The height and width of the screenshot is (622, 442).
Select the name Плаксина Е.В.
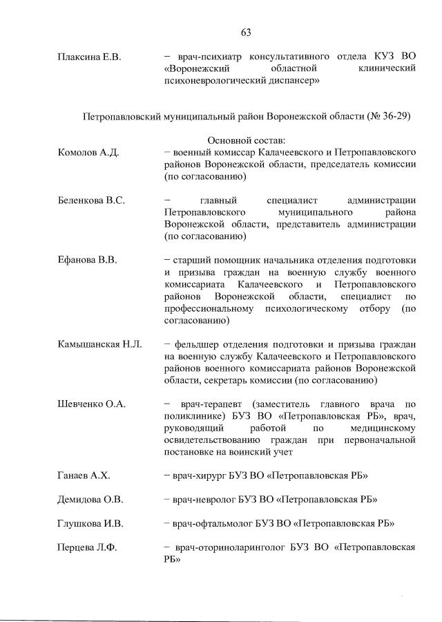(89, 57)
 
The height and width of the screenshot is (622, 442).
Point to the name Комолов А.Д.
(88, 152)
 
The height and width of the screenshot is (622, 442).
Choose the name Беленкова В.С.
(91, 200)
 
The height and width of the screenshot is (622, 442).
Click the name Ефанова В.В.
(87, 260)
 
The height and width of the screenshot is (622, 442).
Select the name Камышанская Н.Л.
(100, 343)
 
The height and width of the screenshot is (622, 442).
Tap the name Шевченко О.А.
(92, 404)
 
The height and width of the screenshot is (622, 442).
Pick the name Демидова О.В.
(90, 499)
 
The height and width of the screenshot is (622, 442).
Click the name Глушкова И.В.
(90, 522)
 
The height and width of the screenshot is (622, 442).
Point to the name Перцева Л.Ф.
(87, 547)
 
